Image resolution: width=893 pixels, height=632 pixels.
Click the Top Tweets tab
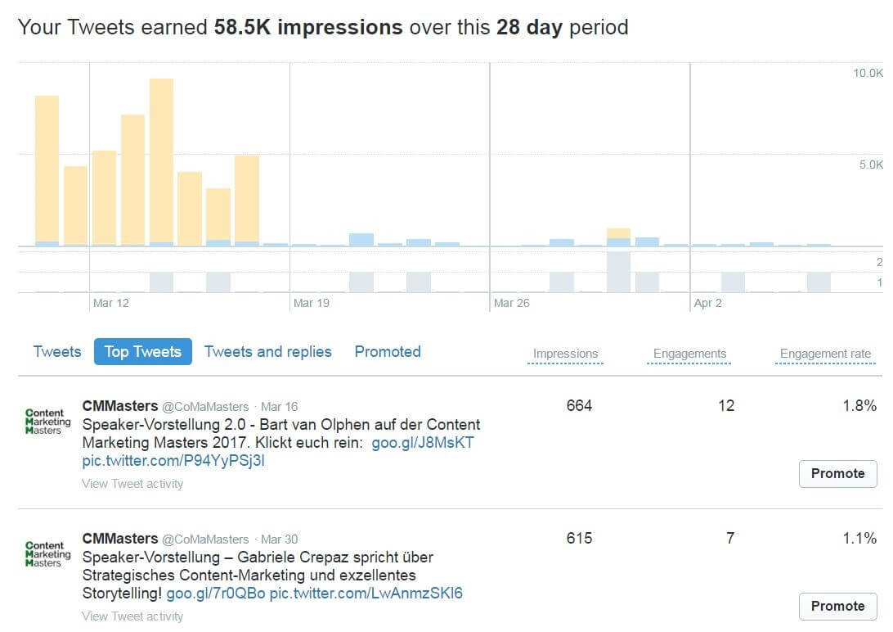142,352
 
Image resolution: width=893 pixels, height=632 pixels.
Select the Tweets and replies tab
267,352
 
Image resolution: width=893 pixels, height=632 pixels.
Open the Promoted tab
388,352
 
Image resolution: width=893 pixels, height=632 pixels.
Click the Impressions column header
565,354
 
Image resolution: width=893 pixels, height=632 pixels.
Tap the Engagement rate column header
825,354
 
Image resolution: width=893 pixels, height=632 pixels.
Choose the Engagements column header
689,354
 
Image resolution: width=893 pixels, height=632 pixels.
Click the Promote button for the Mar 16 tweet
837,473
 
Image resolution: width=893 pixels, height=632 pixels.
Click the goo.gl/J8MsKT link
423,443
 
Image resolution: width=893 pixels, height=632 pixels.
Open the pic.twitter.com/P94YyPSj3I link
173,461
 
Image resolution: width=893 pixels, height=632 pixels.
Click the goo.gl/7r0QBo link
216,594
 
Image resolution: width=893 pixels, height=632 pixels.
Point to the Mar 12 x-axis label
111,303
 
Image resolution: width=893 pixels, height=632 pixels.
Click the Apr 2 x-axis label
707,303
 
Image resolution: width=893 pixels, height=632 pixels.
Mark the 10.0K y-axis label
868,73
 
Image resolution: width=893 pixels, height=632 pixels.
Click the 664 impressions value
579,405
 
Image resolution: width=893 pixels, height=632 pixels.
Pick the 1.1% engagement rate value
859,538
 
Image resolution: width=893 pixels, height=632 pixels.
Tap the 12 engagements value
726,405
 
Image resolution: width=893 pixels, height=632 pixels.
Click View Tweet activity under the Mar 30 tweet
132,616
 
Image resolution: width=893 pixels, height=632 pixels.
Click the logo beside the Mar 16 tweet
47,421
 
